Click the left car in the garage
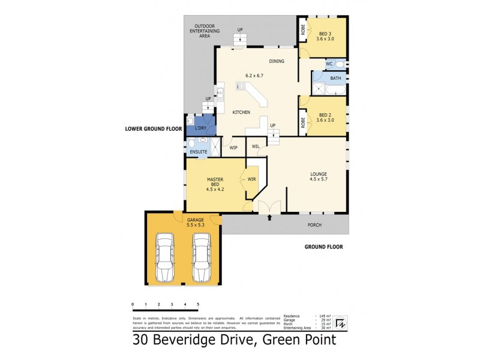point(164,257)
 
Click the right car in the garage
point(201,257)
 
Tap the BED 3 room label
point(325,35)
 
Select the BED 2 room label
point(325,117)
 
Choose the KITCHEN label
point(241,113)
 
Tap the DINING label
point(277,61)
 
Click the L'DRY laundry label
point(200,128)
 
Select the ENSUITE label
point(199,152)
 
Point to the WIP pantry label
point(233,147)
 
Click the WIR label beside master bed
point(251,178)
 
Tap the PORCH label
point(314,225)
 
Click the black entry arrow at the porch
point(269,218)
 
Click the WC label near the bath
point(329,63)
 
